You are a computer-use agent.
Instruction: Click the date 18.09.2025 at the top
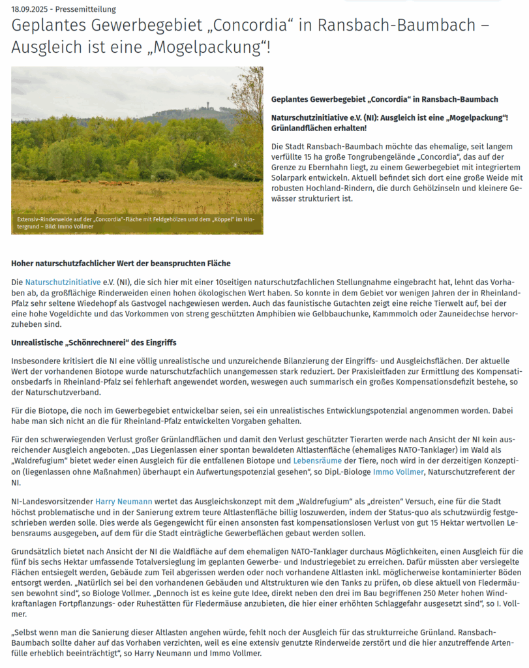pyautogui.click(x=31, y=9)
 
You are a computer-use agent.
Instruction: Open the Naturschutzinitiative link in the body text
pyautogui.click(x=63, y=282)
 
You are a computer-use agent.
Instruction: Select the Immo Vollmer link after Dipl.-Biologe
pyautogui.click(x=399, y=471)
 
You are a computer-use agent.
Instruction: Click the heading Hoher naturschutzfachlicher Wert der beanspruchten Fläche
pyautogui.click(x=121, y=264)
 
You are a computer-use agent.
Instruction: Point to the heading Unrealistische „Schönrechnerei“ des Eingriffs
pyautogui.click(x=94, y=342)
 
